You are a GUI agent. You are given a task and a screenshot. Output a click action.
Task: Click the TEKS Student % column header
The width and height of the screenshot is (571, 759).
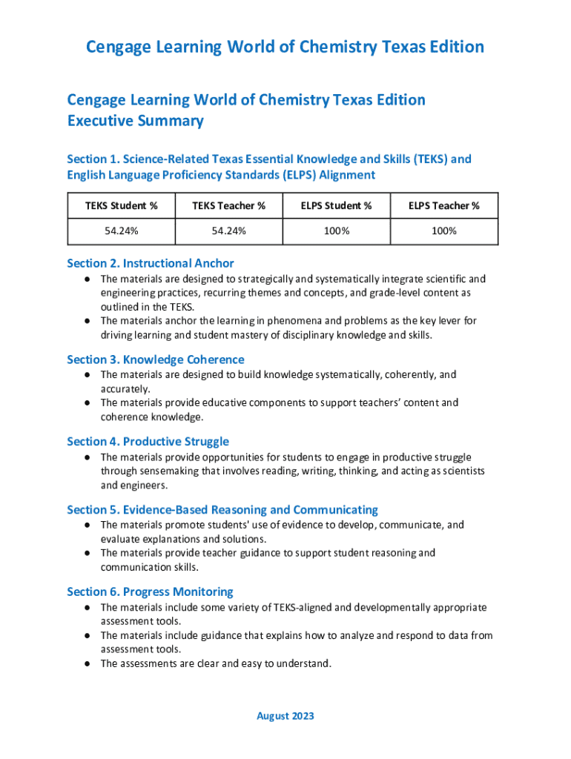[x=121, y=205]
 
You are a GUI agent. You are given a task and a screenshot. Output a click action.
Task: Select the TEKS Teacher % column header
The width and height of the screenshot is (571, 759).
[x=228, y=205]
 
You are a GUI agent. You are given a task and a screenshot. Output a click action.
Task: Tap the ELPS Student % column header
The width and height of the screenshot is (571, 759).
[x=336, y=205]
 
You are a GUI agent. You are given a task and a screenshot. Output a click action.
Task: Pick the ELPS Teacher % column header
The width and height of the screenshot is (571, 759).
[x=443, y=205]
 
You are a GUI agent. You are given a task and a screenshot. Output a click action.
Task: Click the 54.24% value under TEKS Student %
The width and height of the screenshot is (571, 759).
[x=121, y=231]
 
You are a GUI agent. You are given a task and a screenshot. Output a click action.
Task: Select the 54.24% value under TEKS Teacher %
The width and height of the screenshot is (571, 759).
[x=228, y=231]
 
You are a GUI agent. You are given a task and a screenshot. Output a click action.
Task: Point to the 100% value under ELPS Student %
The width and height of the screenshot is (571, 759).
[x=336, y=231]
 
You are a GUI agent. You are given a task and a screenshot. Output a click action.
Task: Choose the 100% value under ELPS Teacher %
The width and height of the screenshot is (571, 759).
[x=443, y=231]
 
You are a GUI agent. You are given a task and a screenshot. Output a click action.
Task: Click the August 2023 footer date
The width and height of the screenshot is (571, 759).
[x=285, y=716]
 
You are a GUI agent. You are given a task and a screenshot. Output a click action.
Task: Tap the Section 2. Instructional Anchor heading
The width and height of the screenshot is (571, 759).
[x=151, y=263]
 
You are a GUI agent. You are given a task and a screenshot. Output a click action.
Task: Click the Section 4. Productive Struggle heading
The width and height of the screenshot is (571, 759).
[x=148, y=442]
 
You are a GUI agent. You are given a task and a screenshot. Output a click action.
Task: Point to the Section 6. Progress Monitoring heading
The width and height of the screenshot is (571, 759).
[x=150, y=592]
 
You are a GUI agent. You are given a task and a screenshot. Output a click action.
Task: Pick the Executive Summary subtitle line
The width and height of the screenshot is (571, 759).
[x=135, y=121]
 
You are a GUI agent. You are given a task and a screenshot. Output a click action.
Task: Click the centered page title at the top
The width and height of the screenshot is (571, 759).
[x=285, y=47]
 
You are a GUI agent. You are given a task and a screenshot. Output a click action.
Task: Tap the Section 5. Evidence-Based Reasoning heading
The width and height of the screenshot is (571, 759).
[x=222, y=510]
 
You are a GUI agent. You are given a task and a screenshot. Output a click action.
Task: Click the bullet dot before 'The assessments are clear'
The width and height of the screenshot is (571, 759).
[x=87, y=664]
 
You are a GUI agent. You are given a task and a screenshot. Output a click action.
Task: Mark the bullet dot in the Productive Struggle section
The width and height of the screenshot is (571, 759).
[x=87, y=457]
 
